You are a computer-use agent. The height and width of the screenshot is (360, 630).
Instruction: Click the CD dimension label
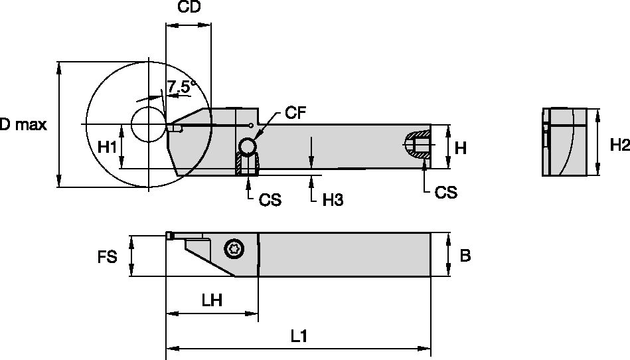click(189, 8)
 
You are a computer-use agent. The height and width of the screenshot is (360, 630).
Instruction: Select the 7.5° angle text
click(181, 86)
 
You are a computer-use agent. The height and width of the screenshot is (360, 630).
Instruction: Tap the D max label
click(23, 125)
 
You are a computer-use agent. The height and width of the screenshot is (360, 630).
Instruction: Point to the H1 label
click(107, 147)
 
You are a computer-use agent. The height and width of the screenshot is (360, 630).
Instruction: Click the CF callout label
click(295, 113)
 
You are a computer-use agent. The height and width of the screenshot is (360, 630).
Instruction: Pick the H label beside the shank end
click(460, 147)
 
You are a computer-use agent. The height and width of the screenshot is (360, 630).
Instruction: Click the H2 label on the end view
click(619, 145)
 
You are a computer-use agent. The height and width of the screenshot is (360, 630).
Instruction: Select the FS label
click(107, 256)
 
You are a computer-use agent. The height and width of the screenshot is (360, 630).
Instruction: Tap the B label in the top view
click(465, 255)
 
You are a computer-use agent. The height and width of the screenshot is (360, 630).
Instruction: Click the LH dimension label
click(211, 300)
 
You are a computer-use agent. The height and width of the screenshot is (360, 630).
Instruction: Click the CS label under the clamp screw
click(269, 199)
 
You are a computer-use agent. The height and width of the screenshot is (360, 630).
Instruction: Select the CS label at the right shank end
click(445, 192)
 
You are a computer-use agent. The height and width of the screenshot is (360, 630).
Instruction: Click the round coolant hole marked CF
click(247, 145)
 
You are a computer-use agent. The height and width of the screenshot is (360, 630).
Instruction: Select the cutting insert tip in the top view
click(170, 235)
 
